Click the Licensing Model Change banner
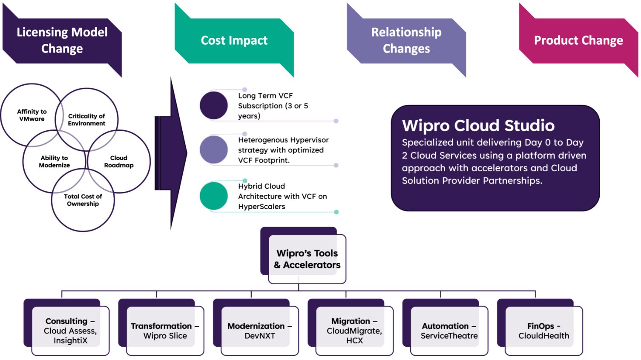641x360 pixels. coord(62,40)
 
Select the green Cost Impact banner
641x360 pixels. coord(234,40)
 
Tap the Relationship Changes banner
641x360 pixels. coord(406,40)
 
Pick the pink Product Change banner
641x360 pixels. coord(578,40)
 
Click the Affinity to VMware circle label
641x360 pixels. coord(32,115)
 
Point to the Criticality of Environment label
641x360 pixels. coord(86,120)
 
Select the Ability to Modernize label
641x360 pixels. coord(54,161)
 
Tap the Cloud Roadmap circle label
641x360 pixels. coord(119,161)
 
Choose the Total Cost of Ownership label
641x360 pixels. coord(83,200)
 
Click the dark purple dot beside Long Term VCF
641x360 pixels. coord(214,105)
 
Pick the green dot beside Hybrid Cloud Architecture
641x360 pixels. coord(214,196)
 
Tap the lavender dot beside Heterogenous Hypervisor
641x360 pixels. coord(214,150)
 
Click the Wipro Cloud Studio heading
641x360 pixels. coord(478,126)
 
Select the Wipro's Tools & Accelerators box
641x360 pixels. coord(307,259)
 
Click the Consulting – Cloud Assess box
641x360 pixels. coord(70,331)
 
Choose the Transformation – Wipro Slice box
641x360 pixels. coord(165,331)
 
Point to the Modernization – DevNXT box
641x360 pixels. coord(259,331)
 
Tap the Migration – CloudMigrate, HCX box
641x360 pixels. coord(354,331)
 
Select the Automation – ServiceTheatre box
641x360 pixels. coord(449,331)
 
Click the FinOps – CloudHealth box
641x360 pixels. coord(543,331)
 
